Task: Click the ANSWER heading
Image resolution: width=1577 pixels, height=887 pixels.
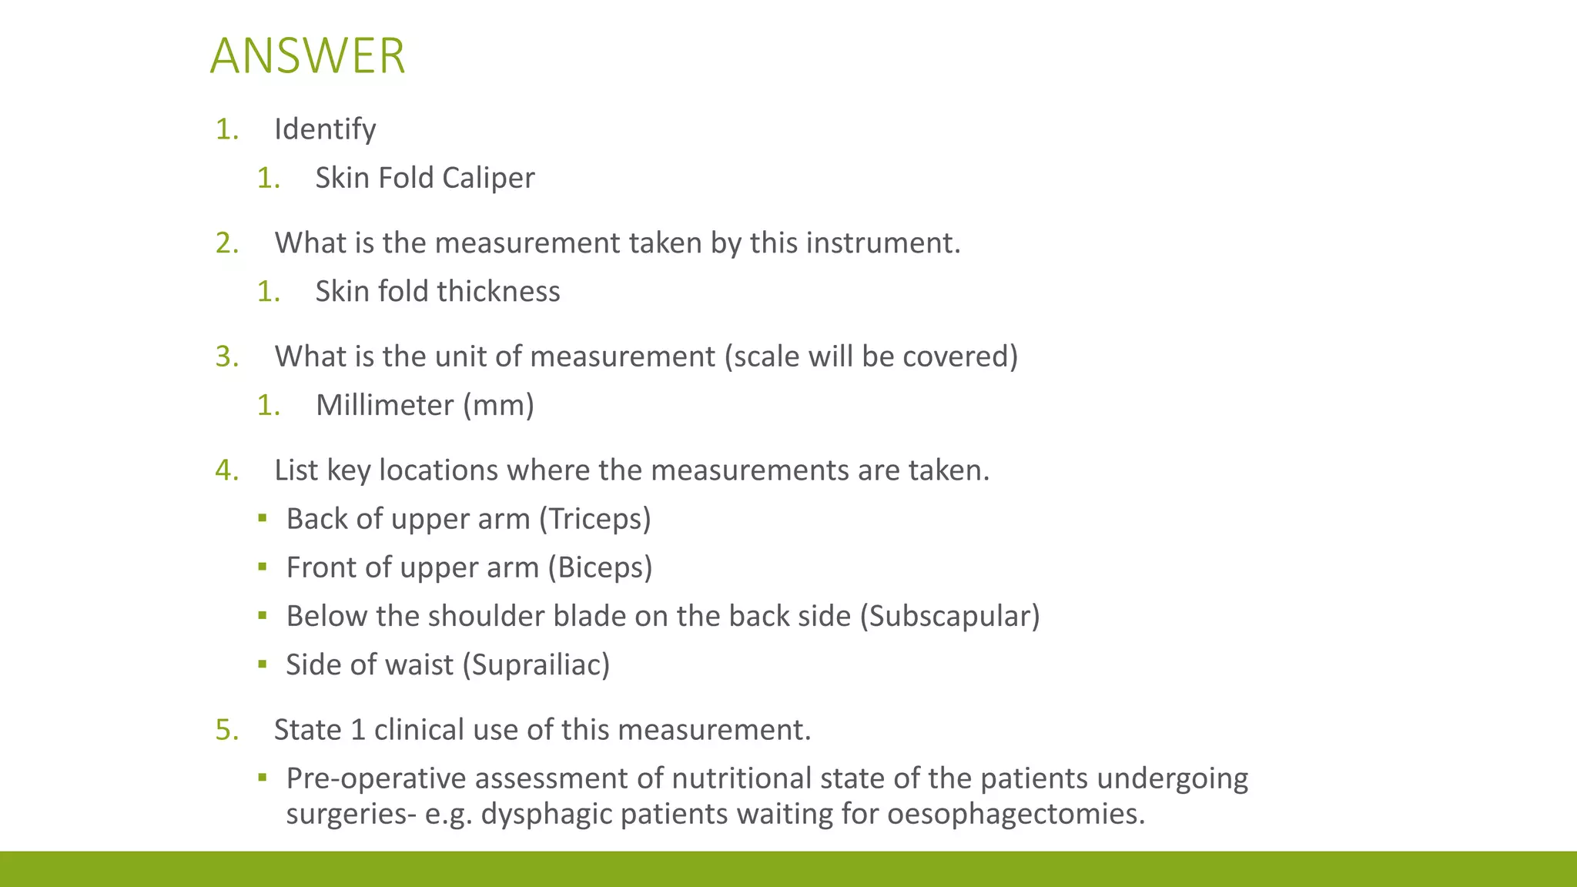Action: point(307,56)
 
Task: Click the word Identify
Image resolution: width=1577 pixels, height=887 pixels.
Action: point(325,129)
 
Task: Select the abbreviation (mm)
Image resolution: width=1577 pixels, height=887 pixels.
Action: point(498,405)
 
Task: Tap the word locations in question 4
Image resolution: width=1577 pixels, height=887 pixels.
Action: point(438,470)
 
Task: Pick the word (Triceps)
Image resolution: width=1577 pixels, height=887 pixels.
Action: point(594,519)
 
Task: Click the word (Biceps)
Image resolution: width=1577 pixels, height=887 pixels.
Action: point(600,567)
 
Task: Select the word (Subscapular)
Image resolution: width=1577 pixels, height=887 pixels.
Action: point(949,616)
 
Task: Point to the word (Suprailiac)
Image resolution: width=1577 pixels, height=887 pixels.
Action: point(536,664)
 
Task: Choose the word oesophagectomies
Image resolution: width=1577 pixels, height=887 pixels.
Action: point(1016,814)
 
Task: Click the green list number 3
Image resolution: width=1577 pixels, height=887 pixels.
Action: point(226,356)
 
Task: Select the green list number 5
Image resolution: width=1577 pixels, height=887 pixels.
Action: point(226,730)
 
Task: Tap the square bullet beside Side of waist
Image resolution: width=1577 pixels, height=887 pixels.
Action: point(263,664)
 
